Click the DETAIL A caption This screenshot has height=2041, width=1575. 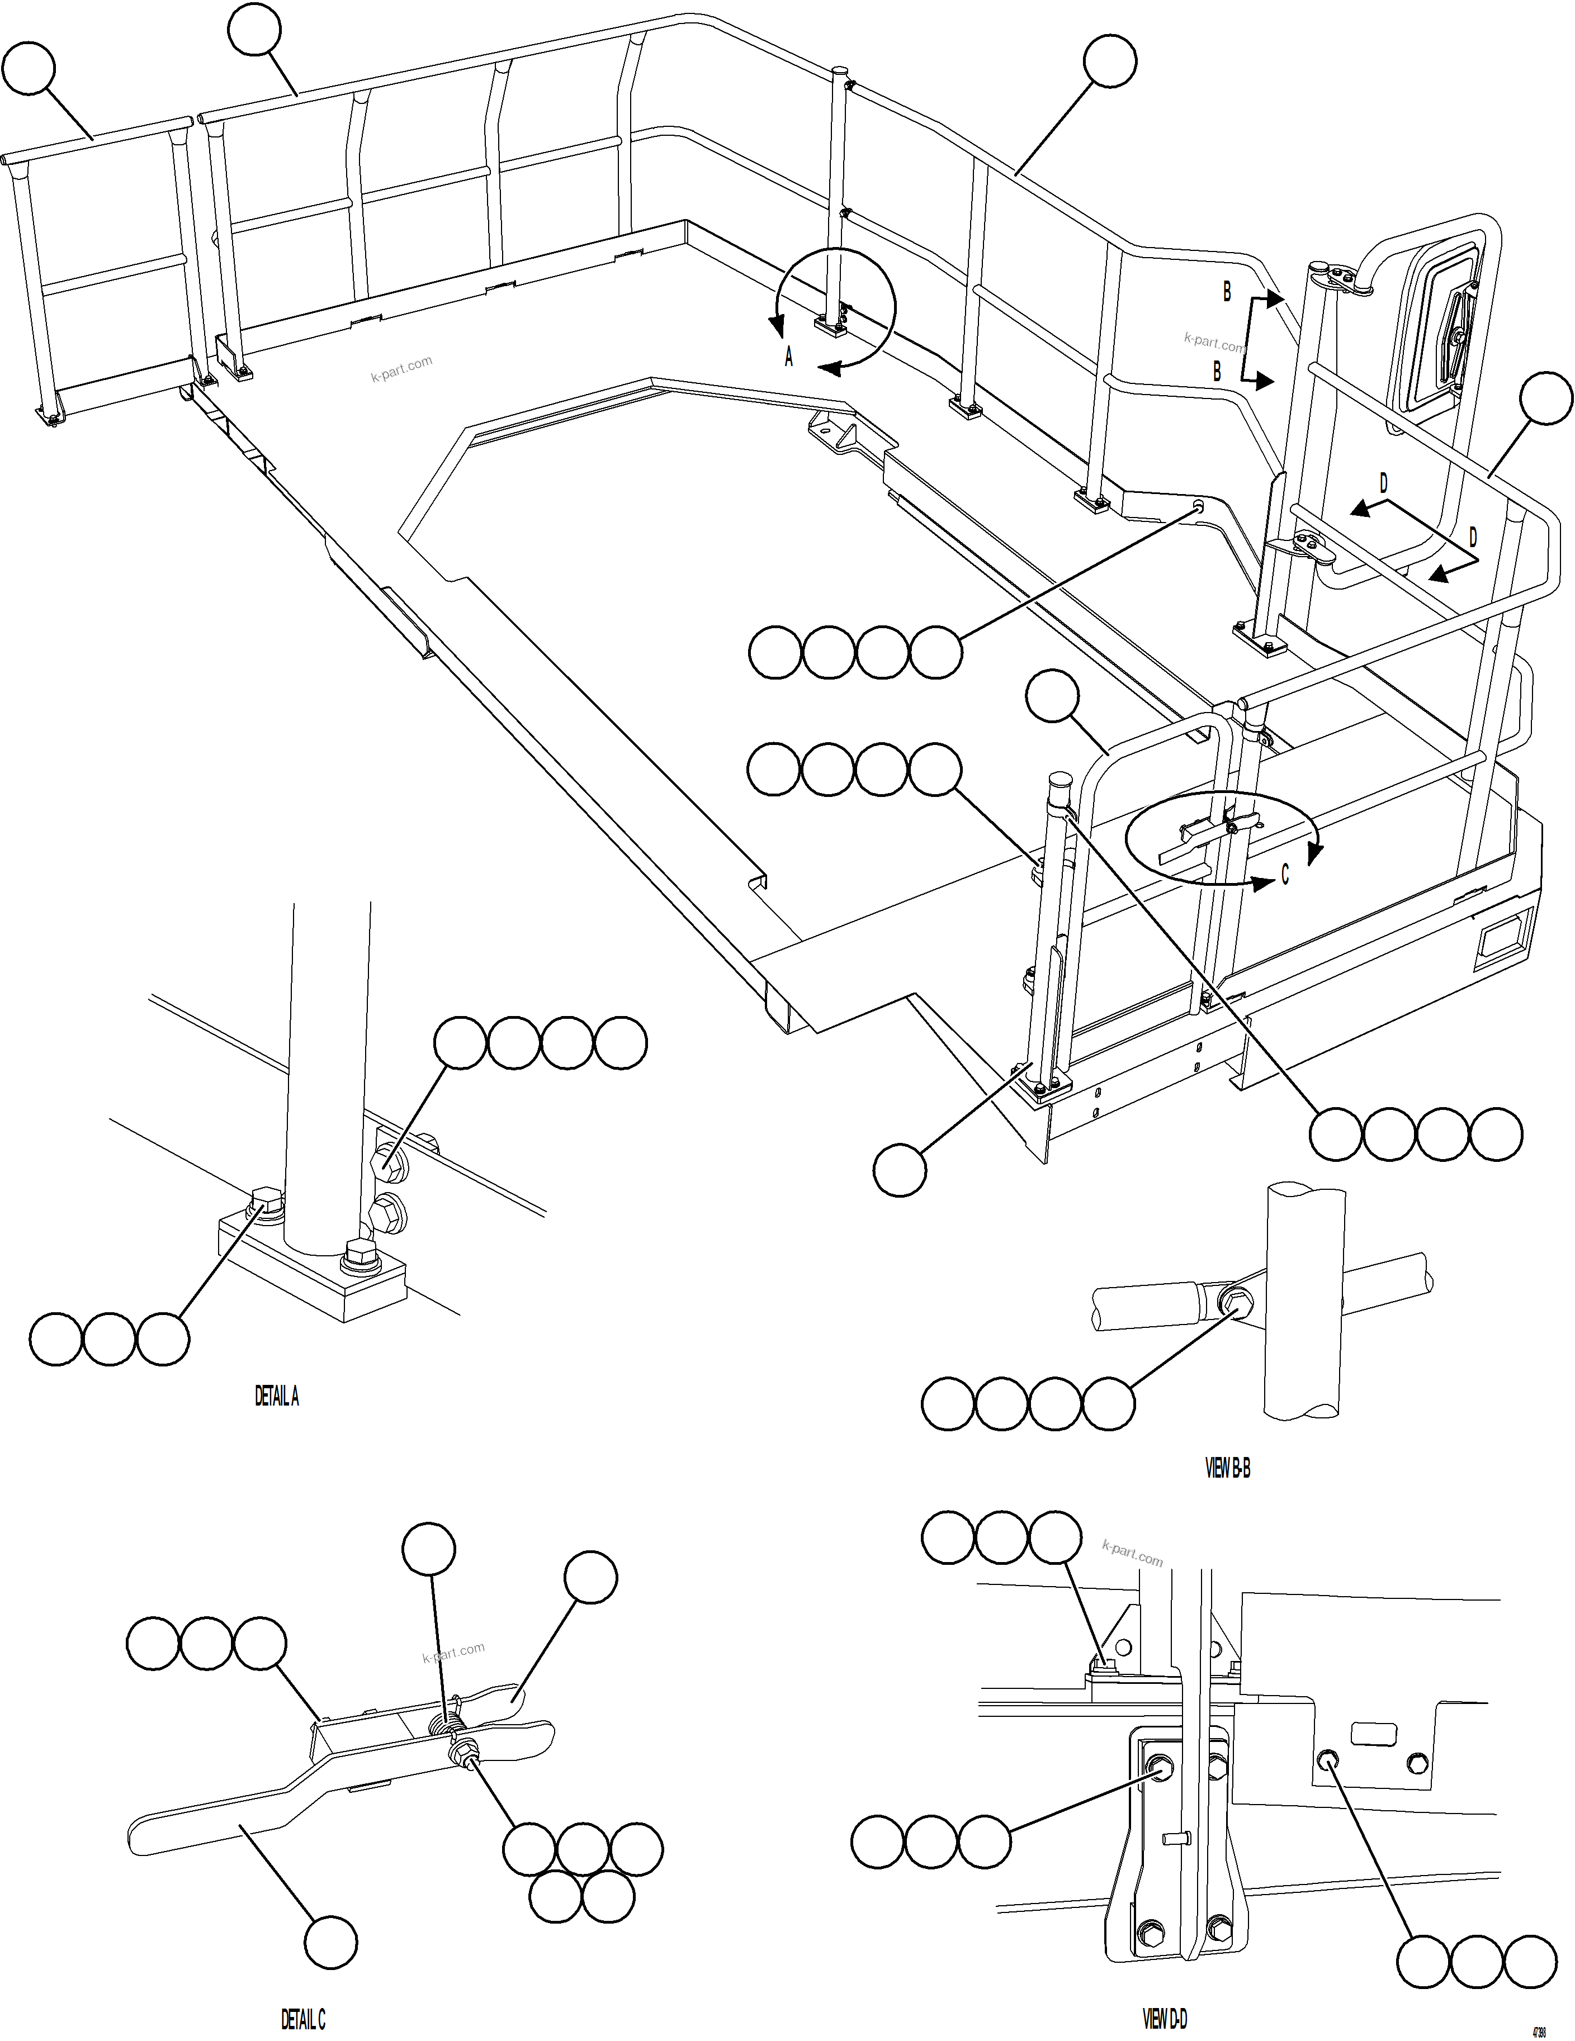[277, 1396]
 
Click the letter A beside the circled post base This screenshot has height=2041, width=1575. [788, 357]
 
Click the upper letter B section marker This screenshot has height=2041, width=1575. [1227, 292]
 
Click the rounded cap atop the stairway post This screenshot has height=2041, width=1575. [1059, 780]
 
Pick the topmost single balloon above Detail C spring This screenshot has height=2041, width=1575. [428, 1549]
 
